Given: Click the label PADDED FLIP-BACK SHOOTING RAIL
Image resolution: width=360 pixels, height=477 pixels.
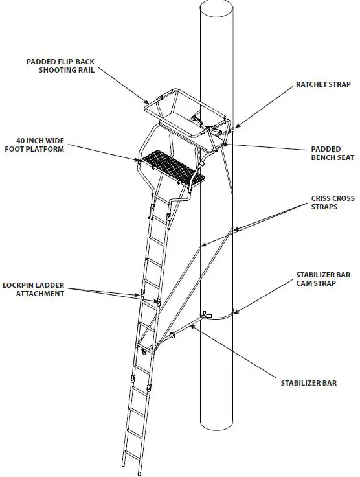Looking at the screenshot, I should click(x=62, y=65).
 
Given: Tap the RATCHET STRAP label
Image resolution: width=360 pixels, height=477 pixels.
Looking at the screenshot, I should click(x=323, y=84).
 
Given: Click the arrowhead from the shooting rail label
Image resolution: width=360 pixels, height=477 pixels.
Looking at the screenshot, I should click(x=150, y=102).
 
